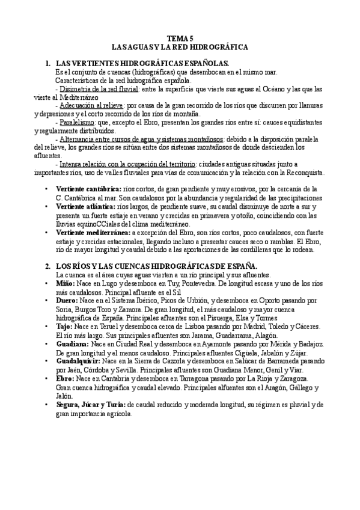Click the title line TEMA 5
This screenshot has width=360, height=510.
[x=180, y=37]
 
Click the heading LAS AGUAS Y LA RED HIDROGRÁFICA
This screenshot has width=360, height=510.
[x=180, y=46]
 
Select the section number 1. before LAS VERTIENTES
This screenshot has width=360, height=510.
[x=48, y=63]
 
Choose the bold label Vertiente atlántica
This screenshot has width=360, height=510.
[x=85, y=206]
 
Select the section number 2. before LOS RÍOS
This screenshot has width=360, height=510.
[x=48, y=265]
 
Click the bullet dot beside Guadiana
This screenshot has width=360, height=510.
[x=47, y=343]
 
